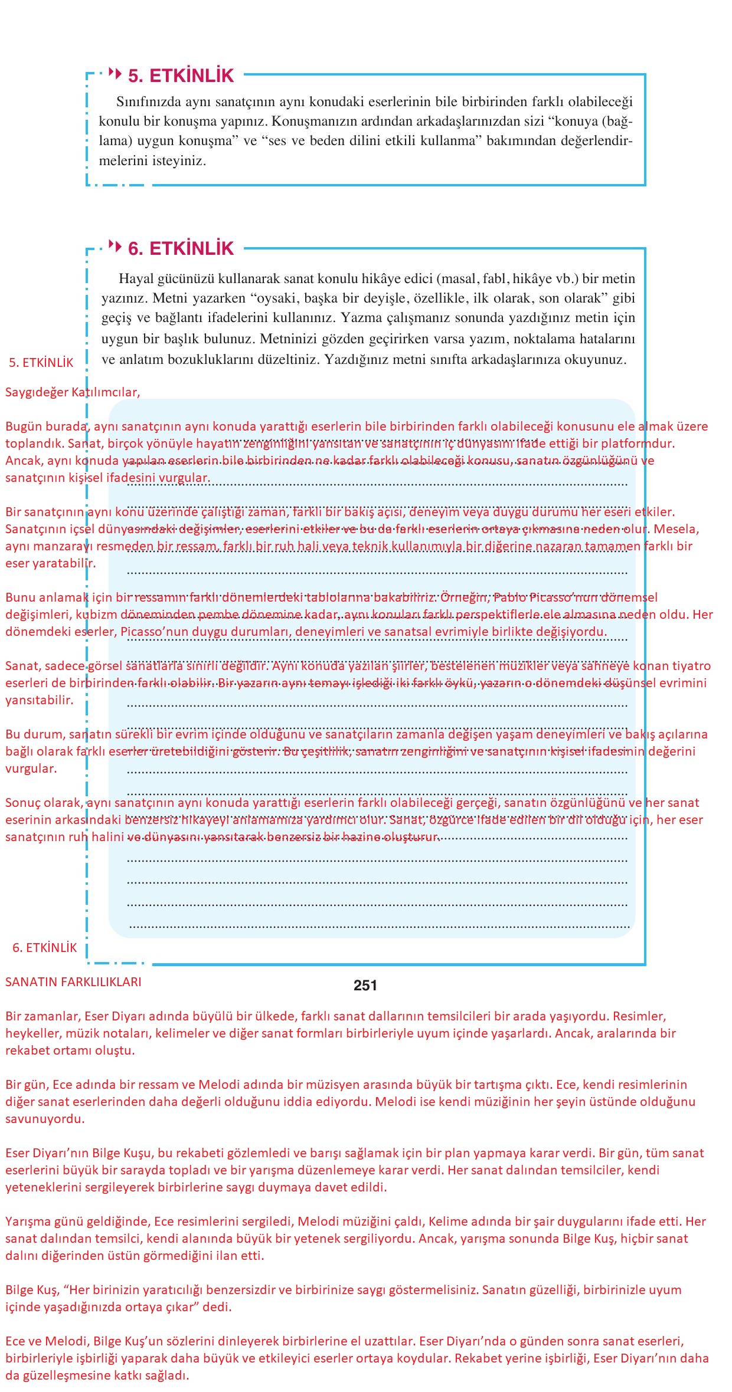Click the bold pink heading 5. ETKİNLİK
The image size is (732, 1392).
coord(181,76)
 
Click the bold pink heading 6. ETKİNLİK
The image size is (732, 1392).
coord(181,249)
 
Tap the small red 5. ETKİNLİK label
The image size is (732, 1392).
coord(41,363)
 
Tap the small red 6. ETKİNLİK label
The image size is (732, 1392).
coord(45,948)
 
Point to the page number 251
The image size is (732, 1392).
coord(365,985)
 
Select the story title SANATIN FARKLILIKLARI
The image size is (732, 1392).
coord(73,982)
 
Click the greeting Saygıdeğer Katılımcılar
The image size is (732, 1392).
coord(73,392)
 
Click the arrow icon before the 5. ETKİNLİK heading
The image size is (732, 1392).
coord(116,74)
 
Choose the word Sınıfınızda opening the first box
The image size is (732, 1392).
coord(149,102)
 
